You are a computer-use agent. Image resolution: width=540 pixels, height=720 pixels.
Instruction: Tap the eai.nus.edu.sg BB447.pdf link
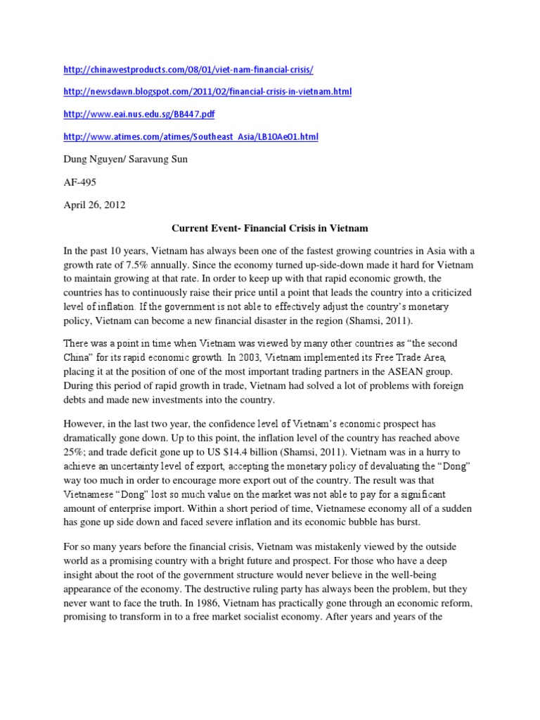[138, 114]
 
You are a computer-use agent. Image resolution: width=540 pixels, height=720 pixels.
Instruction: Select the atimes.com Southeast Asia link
[190, 136]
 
